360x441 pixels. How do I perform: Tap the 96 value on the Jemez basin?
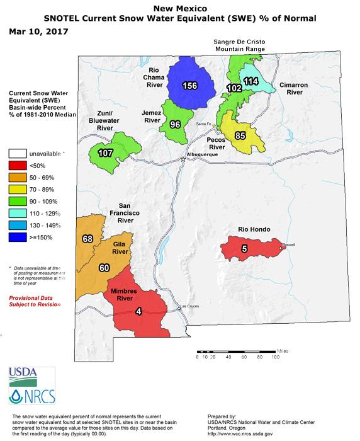coord(176,124)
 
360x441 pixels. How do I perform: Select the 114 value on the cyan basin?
coord(251,81)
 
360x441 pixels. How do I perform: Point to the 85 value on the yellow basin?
coord(240,134)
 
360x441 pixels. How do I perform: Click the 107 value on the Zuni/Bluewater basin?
coord(104,152)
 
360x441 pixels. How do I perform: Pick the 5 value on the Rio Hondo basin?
coord(244,249)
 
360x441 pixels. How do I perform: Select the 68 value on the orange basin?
coord(87,238)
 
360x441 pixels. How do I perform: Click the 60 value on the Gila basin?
coord(104,268)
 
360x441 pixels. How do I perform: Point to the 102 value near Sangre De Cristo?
coord(234,89)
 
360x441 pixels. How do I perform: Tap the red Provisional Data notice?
coord(35,300)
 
